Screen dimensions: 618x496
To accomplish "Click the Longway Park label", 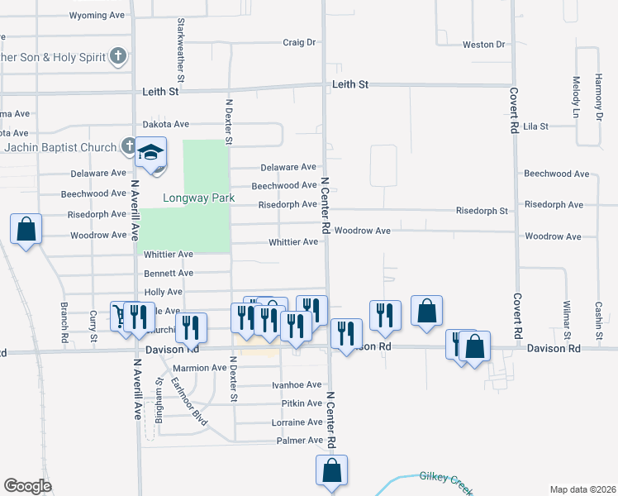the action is point(198,198).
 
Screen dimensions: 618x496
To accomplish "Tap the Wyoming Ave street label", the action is point(100,16).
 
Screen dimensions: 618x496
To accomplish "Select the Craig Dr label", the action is point(299,42).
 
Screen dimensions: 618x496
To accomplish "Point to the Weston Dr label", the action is point(483,45).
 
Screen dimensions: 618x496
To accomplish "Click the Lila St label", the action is point(536,126).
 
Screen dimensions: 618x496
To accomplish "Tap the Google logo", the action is point(27,485).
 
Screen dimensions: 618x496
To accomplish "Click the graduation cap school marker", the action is point(151,154).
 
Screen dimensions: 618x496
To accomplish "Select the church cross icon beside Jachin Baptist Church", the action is point(129,147).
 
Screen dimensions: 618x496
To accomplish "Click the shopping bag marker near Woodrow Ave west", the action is point(26,229).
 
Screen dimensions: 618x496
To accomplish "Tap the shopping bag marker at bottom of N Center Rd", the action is point(331,470).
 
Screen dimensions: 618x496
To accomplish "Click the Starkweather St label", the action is point(179,46).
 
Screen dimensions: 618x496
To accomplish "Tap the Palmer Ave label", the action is point(299,441).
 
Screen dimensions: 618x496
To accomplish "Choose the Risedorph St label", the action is point(482,211).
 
